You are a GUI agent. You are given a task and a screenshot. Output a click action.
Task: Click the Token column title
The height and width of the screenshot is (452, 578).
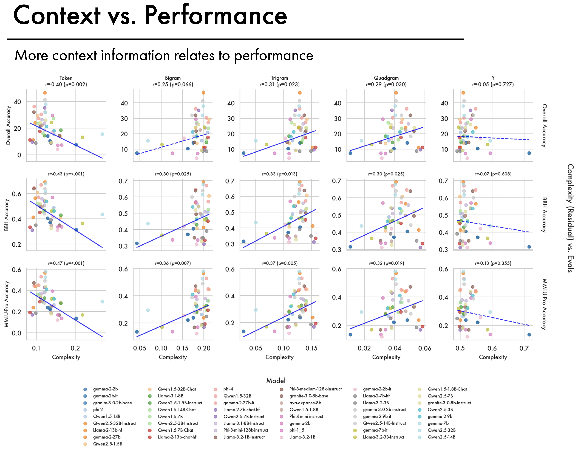pos(66,78)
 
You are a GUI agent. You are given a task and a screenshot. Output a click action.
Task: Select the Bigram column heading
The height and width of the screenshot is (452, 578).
pos(173,78)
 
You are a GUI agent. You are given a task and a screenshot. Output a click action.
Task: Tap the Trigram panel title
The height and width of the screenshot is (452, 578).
pos(279,78)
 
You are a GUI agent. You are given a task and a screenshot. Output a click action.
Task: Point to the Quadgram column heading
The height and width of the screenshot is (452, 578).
pos(386,78)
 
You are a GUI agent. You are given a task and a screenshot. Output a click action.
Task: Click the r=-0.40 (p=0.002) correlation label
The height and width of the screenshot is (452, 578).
pos(66,84)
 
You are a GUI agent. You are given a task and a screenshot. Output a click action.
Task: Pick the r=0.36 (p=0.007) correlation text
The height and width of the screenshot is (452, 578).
pos(173,263)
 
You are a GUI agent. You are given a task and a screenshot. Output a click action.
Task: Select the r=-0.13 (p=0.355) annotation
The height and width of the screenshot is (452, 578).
pos(493,263)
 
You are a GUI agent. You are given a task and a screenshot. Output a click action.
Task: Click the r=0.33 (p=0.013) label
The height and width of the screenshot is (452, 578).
pos(279,174)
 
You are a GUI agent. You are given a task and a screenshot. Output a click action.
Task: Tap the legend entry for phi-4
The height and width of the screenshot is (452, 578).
pos(228,389)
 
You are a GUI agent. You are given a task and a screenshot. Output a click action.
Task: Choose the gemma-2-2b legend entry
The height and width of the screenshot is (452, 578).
pos(105,389)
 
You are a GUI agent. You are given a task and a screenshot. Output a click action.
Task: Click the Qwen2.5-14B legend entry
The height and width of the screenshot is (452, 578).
pos(441,437)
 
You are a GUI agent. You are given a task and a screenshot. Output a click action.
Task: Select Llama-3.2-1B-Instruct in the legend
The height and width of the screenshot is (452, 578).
pos(244,437)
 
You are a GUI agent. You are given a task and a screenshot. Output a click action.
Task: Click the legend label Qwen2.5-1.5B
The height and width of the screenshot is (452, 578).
pos(108,444)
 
